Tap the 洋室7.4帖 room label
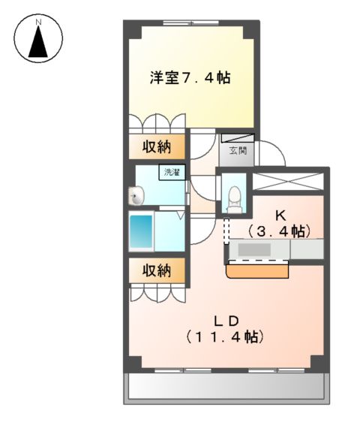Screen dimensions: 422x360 click(189, 77)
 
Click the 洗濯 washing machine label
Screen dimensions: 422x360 click(172, 173)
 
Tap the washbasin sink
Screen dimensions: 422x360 click(136, 197)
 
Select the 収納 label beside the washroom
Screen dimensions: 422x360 click(157, 148)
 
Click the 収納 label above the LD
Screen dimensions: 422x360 click(157, 270)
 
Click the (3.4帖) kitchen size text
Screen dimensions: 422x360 click(279, 230)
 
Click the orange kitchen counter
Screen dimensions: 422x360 click(259, 269)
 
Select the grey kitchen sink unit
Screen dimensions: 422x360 click(277, 249)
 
